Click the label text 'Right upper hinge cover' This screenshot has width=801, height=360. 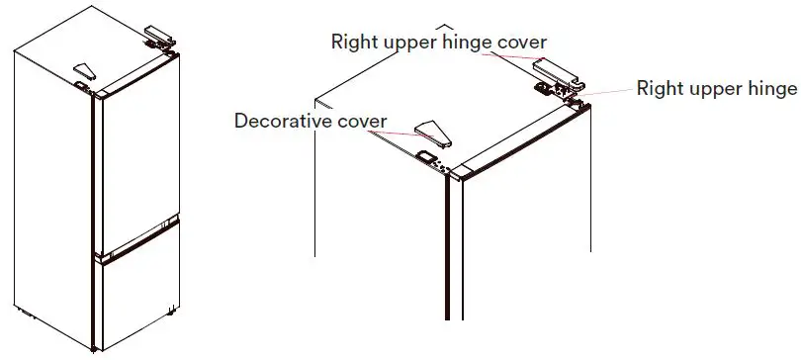click(x=439, y=42)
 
